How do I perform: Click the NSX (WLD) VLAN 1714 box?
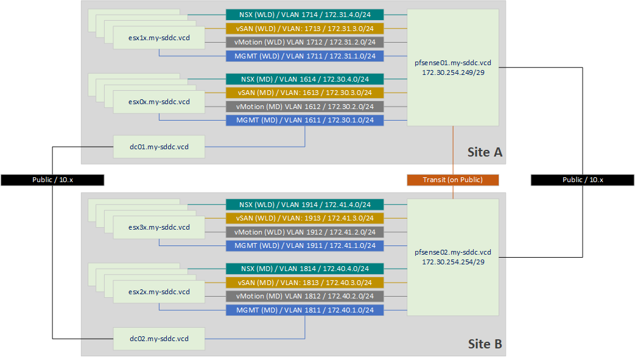[304, 15]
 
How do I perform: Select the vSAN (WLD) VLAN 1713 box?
[304, 29]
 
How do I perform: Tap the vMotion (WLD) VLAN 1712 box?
[304, 43]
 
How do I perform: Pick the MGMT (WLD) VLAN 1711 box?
[304, 57]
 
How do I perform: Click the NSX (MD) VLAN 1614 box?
[304, 79]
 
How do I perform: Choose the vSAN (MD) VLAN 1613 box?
[304, 93]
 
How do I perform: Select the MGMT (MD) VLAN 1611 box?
[304, 121]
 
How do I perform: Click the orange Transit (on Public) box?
[452, 180]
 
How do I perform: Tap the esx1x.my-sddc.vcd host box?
[159, 38]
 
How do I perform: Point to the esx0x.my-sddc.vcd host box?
[159, 102]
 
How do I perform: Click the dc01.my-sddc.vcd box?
[159, 147]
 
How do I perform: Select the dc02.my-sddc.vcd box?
[159, 338]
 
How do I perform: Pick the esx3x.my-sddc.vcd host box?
[159, 227]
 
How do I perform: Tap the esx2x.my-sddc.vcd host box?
[159, 292]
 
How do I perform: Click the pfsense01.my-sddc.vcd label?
[452, 63]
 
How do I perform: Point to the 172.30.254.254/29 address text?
[452, 261]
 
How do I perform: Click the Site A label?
[485, 152]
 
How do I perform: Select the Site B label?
[485, 344]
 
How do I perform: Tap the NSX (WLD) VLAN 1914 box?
[304, 205]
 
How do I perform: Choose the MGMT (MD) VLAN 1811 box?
[304, 311]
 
